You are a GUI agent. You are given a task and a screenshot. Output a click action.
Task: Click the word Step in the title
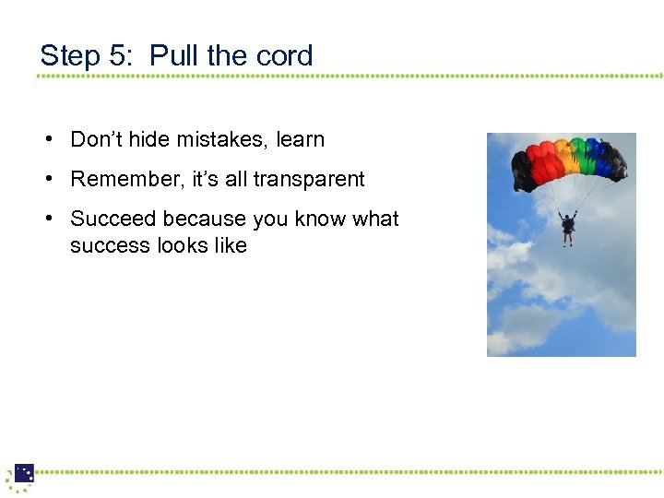click(x=70, y=56)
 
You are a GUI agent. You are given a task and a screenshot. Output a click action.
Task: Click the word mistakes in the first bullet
click(x=223, y=140)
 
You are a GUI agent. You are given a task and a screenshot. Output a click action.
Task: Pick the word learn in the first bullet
click(x=301, y=140)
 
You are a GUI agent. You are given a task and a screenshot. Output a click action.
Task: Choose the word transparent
click(x=310, y=179)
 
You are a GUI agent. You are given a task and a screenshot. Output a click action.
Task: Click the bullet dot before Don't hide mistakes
click(x=45, y=140)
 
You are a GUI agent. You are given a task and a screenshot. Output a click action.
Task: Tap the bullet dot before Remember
click(x=45, y=179)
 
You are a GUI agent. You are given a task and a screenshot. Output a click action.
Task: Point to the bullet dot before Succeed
click(x=45, y=219)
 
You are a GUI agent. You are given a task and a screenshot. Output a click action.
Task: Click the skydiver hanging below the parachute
click(x=568, y=226)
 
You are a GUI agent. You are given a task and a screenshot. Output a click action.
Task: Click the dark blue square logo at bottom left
click(x=24, y=473)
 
